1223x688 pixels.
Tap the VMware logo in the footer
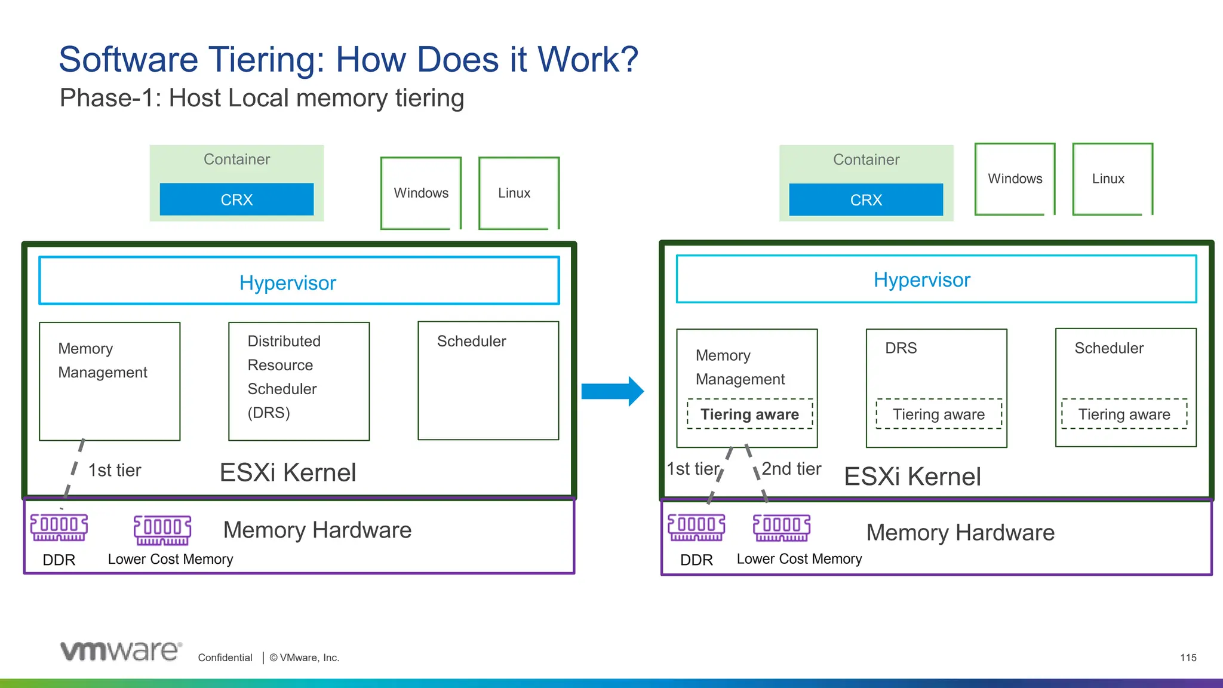point(121,651)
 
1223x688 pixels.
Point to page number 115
point(1188,658)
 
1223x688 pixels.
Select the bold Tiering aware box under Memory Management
point(749,414)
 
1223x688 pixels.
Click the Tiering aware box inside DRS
point(938,414)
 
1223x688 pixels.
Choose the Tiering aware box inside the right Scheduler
point(1124,414)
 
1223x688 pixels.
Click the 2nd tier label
point(791,469)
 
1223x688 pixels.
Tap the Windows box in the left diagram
point(421,193)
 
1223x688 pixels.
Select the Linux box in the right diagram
point(1112,179)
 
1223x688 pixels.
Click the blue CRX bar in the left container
point(236,199)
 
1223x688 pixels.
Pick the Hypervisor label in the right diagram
point(921,279)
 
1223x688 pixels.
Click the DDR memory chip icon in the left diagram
point(59,527)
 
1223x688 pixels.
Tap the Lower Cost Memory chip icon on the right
point(782,527)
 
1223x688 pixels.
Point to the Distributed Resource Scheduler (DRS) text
point(284,377)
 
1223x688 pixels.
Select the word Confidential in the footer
point(225,658)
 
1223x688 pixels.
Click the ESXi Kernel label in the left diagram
point(288,472)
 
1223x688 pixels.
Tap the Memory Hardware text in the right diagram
point(960,532)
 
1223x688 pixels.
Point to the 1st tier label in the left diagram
point(115,471)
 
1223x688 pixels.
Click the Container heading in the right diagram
point(866,159)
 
